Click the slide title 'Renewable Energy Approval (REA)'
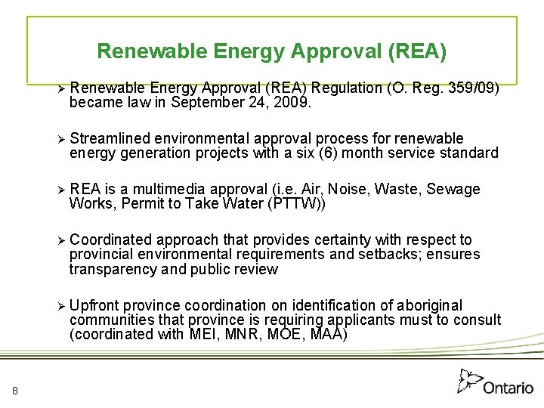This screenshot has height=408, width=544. tap(272, 51)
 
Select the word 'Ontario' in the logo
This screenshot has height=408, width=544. tap(508, 388)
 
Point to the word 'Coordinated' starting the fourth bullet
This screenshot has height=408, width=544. tap(110, 240)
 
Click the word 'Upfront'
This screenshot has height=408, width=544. tap(94, 305)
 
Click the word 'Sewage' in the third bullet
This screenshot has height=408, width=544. tap(453, 189)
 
